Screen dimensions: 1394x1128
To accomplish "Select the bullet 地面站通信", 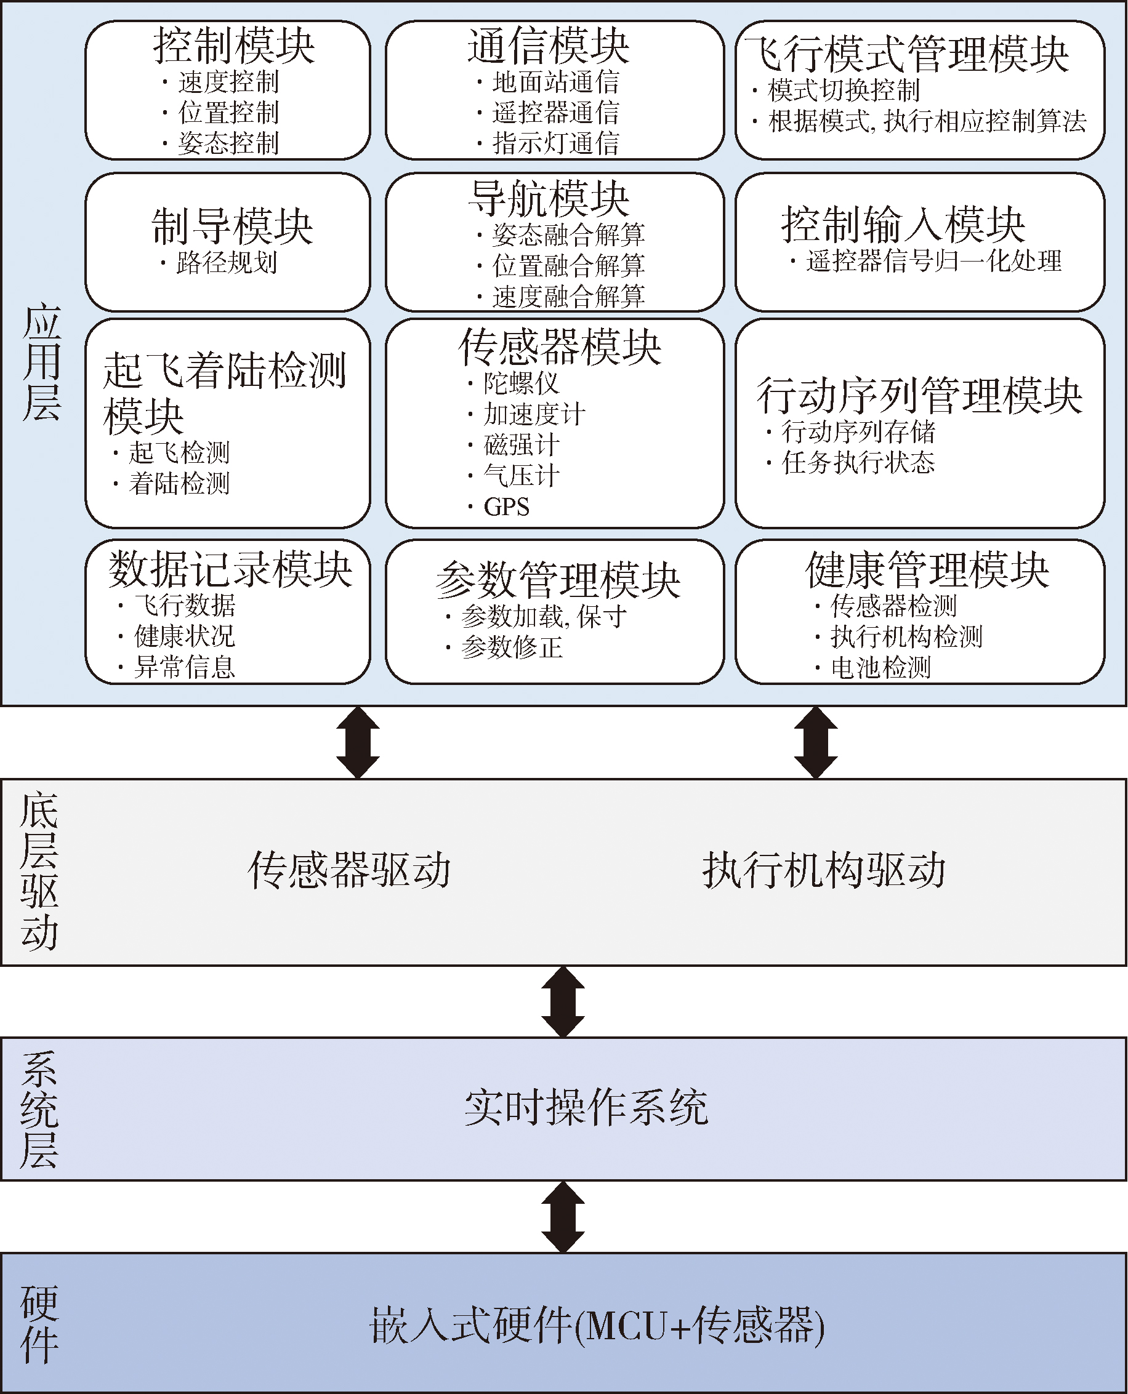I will pos(555,82).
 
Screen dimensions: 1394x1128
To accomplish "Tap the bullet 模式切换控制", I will pos(844,90).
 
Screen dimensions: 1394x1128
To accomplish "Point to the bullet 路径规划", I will pos(227,262).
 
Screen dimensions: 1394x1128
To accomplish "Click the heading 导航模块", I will pos(549,198).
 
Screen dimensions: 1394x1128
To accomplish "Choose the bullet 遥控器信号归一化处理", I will pos(933,261).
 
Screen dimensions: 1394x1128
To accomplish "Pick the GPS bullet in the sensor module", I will pos(506,507).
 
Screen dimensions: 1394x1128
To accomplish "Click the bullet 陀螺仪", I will pos(521,383).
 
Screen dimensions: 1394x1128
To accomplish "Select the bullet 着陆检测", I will pos(179,483).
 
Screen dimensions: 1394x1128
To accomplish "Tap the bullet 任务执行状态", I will pos(858,462).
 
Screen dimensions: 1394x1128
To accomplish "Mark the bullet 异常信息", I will pos(185,667).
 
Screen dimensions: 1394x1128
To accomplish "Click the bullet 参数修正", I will pos(512,647).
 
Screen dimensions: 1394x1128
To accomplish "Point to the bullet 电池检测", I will pos(881,667).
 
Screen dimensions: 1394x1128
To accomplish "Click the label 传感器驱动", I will pos(350,870).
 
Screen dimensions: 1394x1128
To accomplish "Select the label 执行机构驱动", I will pos(824,870).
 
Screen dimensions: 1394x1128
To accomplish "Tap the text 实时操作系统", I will pos(586,1108).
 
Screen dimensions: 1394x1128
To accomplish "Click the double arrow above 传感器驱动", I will pos(358,742).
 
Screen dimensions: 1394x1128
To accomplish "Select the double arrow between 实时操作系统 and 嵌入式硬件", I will pos(563,1217).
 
